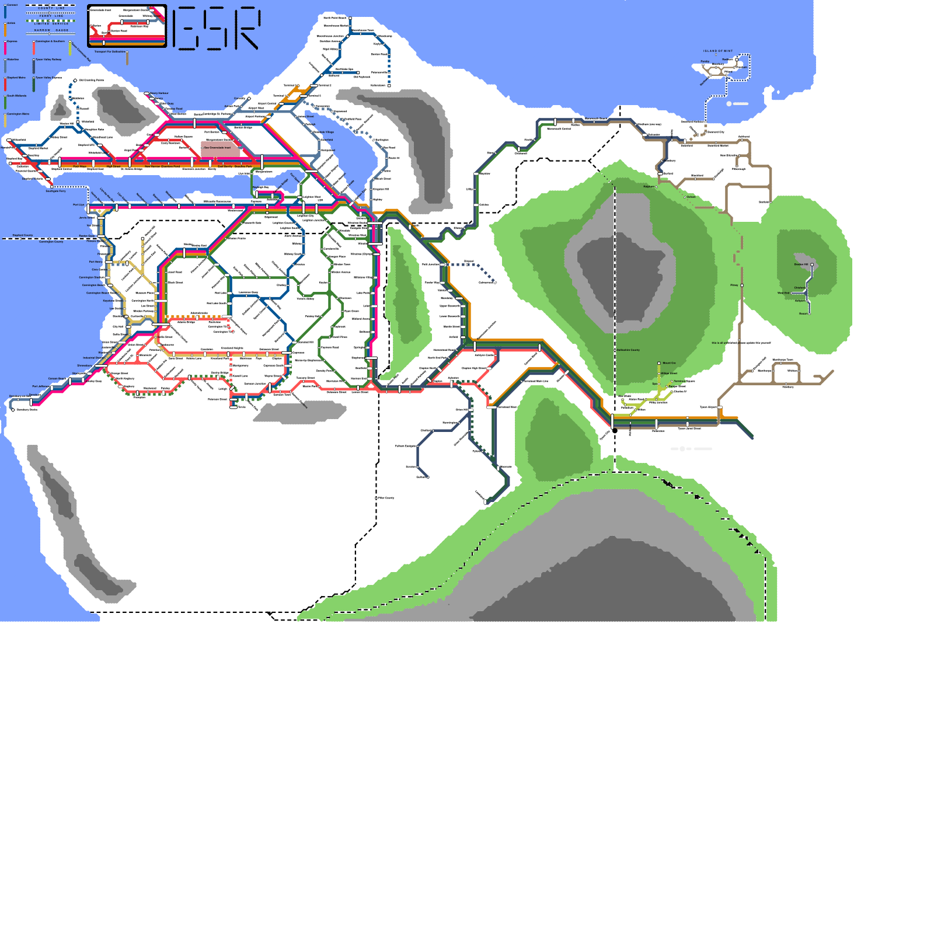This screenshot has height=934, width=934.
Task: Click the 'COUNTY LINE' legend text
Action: tap(51, 8)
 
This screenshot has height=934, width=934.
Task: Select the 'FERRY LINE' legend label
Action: tap(51, 16)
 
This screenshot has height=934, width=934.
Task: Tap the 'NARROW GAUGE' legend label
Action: tap(51, 30)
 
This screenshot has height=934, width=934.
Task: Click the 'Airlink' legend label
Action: tap(11, 23)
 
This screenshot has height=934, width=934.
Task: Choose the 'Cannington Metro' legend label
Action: tap(18, 114)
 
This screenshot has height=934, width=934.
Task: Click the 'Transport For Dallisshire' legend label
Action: tap(110, 52)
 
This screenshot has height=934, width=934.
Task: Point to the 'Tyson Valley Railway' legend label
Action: tap(48, 60)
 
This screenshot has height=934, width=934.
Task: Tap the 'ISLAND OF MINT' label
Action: tap(718, 51)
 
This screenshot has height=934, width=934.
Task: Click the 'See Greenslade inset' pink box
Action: tap(220, 148)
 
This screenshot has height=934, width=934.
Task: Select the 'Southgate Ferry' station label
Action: tap(56, 191)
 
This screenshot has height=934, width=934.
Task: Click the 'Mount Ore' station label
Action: tap(669, 363)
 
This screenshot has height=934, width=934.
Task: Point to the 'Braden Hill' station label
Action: tap(801, 264)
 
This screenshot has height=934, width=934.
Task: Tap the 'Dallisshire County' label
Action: tap(628, 350)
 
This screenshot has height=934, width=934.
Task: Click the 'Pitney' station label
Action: tap(734, 285)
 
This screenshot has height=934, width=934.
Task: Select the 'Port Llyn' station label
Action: tap(79, 205)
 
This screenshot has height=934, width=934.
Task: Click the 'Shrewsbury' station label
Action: tap(85, 366)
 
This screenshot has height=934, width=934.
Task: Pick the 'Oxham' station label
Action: tap(691, 197)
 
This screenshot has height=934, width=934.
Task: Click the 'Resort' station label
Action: tap(803, 314)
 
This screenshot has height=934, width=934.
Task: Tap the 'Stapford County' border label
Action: tap(23, 236)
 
